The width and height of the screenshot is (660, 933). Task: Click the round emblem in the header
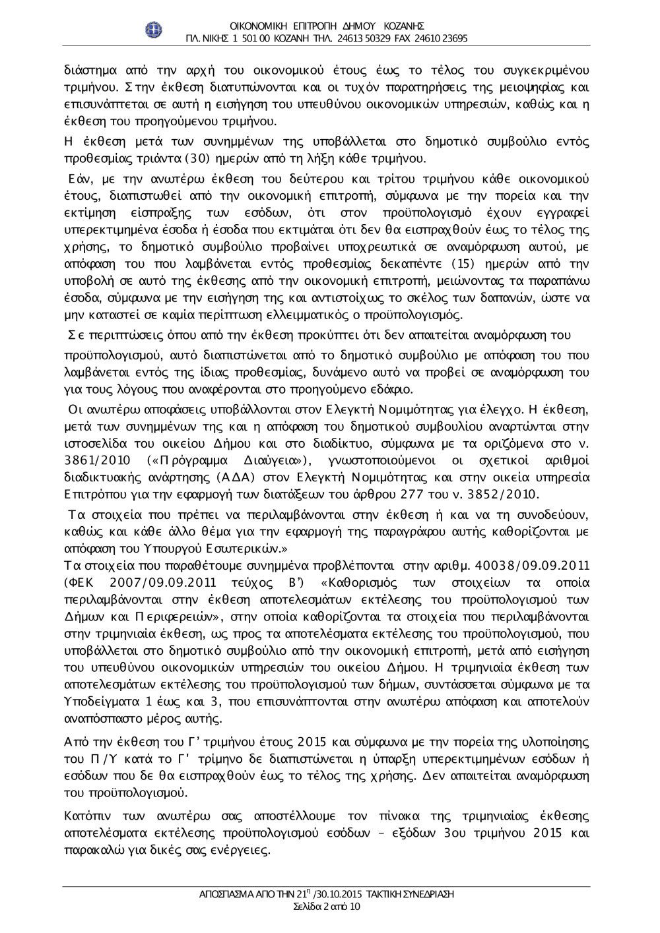[x=154, y=30]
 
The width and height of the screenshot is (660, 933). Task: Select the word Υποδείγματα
[x=99, y=701]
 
